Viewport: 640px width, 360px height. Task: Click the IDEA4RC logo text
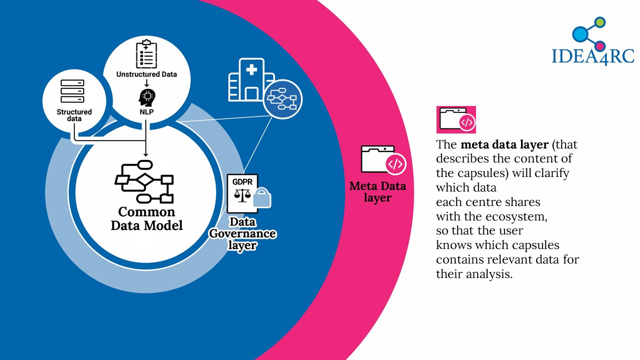coord(593,56)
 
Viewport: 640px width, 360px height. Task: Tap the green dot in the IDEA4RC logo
coord(600,22)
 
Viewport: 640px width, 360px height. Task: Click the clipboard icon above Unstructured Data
coord(146,54)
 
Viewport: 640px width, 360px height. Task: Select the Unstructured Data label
coord(146,74)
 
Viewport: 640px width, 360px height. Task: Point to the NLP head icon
coord(147,97)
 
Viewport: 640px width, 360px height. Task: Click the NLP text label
coord(146,111)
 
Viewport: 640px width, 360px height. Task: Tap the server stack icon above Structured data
coord(72,91)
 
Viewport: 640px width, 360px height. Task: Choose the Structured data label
coord(74,115)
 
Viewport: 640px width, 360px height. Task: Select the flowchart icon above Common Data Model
coord(144,181)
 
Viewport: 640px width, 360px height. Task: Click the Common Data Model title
coord(146,218)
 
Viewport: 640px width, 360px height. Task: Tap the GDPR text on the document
coord(242,181)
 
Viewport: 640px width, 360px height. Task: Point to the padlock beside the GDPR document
coord(262,197)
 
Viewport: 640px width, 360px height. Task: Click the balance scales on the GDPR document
coord(242,195)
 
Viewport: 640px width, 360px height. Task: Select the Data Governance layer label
coord(242,233)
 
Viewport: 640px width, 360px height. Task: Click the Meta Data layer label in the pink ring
coord(377,191)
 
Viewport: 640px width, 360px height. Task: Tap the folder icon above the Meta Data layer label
coord(383,160)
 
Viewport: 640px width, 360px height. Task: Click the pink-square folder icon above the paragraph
coord(456,119)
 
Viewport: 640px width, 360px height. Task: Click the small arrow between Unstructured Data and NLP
coord(146,83)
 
